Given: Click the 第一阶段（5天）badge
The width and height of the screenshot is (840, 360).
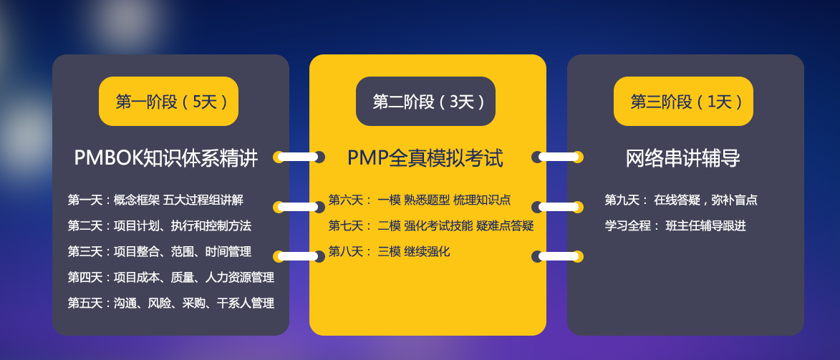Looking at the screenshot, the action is [168, 101].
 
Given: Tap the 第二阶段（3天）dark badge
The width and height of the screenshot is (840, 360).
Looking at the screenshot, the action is [425, 101].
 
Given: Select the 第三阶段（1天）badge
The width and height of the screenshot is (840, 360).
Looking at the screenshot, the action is [683, 101].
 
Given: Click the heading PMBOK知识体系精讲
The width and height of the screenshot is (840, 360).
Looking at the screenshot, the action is [165, 158].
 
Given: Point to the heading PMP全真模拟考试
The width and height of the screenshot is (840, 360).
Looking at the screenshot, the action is [425, 158].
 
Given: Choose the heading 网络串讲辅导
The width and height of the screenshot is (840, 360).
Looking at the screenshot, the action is [683, 158].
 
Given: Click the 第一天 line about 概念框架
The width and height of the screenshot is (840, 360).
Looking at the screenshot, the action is [155, 200].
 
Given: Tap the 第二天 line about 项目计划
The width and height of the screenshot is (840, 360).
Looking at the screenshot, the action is [159, 225].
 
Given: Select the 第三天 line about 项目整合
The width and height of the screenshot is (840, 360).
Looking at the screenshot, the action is [159, 251].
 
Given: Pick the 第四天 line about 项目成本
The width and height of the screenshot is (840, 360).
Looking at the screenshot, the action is [171, 277].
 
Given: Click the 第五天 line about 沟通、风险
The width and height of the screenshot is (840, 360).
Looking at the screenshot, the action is [171, 303].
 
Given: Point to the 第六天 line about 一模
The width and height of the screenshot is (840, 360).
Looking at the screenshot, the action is [420, 200].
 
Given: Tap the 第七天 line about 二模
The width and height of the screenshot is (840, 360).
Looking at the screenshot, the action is [431, 225].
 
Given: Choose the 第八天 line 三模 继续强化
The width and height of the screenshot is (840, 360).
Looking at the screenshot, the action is [389, 251].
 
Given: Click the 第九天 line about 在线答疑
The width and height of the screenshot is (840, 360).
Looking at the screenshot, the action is [681, 200].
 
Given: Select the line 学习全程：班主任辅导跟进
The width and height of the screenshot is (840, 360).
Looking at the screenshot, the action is [675, 225].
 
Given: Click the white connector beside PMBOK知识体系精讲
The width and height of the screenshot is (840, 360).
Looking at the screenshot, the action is [299, 157].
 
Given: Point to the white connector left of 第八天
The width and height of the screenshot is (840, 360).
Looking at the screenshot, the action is [299, 257].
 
